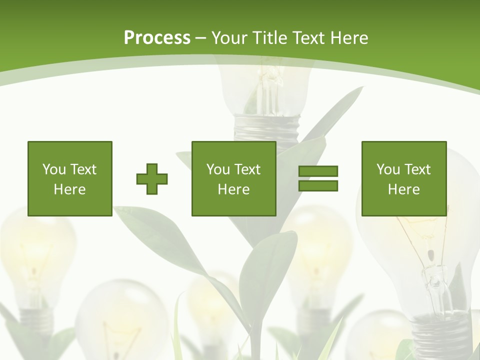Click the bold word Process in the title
click(x=157, y=37)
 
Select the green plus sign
click(x=152, y=178)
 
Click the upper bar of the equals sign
click(x=318, y=171)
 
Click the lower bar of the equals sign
click(x=318, y=186)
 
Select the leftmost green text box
click(x=69, y=178)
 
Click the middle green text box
click(x=233, y=178)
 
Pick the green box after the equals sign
click(x=403, y=178)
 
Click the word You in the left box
click(x=54, y=169)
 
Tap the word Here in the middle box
click(x=233, y=189)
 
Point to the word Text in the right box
click(x=418, y=169)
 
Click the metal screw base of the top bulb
click(x=267, y=128)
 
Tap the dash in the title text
click(x=200, y=37)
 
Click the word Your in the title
click(x=229, y=37)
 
